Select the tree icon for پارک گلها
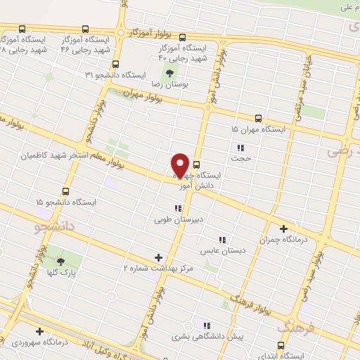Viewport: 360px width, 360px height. (70, 262)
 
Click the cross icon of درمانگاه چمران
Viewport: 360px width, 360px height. (284, 229)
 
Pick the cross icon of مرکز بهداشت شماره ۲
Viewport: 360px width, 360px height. (158, 258)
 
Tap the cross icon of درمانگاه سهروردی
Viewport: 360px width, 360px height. (39, 331)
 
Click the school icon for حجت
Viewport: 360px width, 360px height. (240, 148)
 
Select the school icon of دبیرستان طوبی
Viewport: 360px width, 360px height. (178, 208)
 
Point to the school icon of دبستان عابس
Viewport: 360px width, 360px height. (223, 239)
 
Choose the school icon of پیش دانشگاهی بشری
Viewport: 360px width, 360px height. (207, 326)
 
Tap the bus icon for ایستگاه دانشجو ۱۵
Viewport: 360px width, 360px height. (66, 191)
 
